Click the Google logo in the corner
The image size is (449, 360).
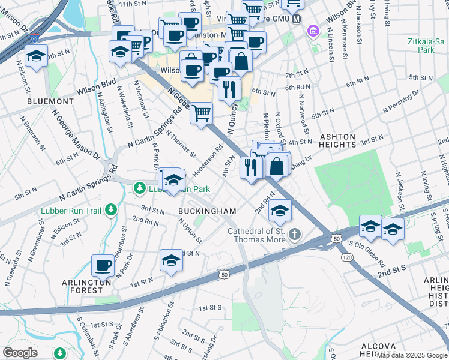(x=20, y=353)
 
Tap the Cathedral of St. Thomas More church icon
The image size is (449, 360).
(x=294, y=233)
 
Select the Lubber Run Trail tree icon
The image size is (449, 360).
(x=110, y=210)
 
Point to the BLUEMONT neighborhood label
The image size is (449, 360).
(x=50, y=101)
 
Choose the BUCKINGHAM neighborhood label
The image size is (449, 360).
(x=207, y=211)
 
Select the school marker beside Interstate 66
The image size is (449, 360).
(x=37, y=56)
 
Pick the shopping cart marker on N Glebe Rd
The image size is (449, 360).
(x=202, y=112)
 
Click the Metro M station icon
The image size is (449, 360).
(x=296, y=19)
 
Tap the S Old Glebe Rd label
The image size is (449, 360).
(x=368, y=248)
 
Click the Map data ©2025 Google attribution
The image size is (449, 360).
(x=412, y=355)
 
